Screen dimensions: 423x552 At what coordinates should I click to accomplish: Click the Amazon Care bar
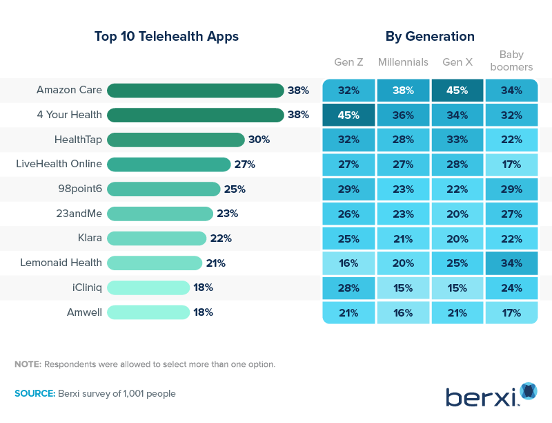click(195, 91)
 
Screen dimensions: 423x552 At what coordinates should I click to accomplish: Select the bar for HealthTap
click(176, 140)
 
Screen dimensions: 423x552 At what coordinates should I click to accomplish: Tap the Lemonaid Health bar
click(155, 263)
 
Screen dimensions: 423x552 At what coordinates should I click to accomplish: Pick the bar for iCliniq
click(148, 288)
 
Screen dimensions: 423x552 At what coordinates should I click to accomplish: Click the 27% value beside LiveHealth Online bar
click(245, 164)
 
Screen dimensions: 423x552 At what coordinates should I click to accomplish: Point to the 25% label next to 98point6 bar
click(235, 189)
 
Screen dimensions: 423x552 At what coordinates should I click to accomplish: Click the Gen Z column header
click(348, 62)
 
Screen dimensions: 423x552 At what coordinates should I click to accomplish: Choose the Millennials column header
click(403, 62)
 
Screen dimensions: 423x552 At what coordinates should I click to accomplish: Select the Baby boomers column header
click(511, 61)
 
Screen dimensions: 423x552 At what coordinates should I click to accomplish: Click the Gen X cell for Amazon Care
click(457, 91)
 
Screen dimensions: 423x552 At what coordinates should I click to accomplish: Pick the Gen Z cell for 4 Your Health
click(348, 115)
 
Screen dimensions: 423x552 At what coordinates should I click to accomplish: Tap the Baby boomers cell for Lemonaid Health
click(511, 263)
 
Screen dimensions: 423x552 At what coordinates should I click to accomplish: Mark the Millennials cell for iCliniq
click(403, 288)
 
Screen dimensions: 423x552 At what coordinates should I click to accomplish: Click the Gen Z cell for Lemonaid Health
click(348, 263)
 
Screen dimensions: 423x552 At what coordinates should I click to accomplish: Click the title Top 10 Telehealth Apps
click(166, 37)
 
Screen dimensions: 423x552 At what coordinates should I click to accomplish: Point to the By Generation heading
click(430, 37)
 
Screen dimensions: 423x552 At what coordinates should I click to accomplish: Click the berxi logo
click(491, 395)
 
